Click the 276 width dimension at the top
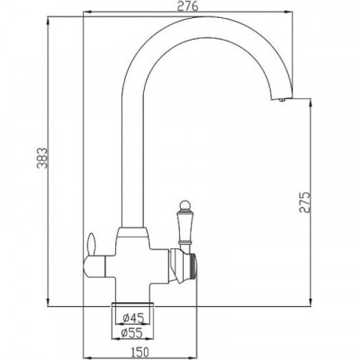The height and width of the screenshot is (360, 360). (x=189, y=6)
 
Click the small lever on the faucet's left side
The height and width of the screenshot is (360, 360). (x=91, y=243)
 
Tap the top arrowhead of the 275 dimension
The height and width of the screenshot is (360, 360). (x=310, y=104)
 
